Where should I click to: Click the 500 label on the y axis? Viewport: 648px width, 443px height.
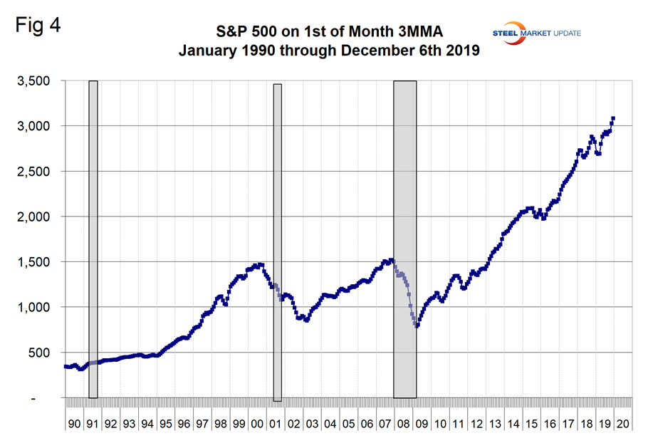[39, 353]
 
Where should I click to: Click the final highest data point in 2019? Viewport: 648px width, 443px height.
[613, 119]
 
